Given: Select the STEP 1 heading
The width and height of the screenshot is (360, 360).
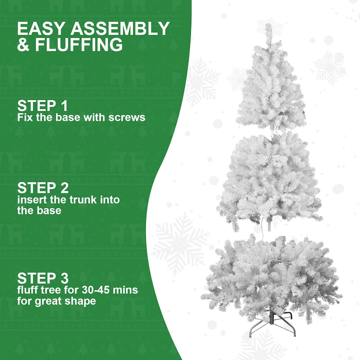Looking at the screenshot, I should coord(42,106).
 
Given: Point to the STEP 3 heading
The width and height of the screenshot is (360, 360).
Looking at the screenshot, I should coord(42,277).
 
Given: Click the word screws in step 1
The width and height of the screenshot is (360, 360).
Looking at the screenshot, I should coord(129,118).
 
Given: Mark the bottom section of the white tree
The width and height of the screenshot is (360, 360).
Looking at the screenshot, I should coord(270,274).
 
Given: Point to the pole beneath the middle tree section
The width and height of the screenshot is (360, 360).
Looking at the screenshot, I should coord(270,222).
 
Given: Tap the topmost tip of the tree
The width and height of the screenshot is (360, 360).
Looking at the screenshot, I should coord(268,26).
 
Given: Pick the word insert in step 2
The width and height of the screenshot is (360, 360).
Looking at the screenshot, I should coord(31,199).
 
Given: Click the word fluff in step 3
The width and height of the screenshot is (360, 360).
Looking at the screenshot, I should coord(27,289).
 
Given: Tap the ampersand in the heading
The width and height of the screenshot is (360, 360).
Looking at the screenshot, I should coord(23,45).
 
